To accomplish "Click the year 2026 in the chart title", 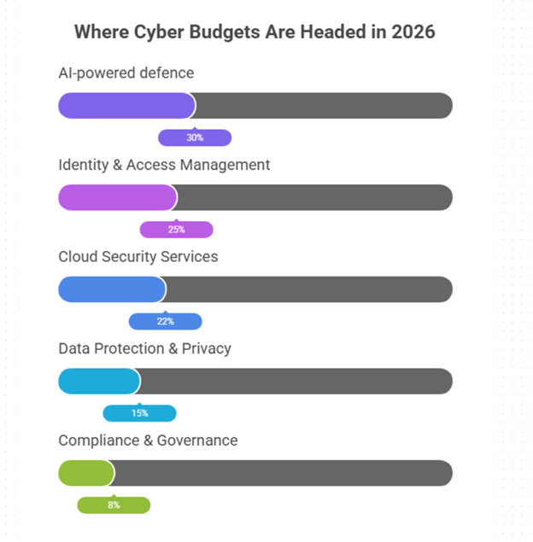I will tap(414, 32).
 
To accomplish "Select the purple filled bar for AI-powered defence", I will tap(126, 106).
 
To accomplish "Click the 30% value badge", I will tap(195, 137).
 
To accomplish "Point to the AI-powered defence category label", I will tap(126, 73).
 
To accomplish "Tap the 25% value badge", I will tap(176, 230).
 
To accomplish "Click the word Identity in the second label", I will tap(83, 165).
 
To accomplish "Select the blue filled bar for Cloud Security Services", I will tap(111, 289).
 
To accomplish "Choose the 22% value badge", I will tap(165, 322).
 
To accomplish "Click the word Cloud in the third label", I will tap(76, 257).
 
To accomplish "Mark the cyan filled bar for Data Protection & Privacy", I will tap(98, 382).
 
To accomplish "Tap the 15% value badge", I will tap(139, 413).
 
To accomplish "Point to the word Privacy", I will tap(206, 349).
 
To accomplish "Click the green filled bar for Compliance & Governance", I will tap(85, 473).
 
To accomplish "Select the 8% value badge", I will tap(114, 505).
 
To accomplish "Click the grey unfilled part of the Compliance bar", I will tap(282, 473).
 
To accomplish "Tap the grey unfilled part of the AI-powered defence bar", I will tap(325, 106).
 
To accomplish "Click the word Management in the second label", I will tap(225, 165).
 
